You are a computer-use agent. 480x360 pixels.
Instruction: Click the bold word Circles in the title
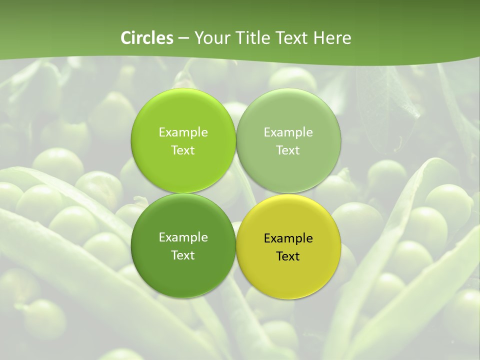point(147,38)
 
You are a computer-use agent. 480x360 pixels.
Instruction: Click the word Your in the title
point(212,38)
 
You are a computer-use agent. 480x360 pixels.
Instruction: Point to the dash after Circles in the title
point(183,38)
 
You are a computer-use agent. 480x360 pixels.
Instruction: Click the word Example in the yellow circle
point(288,238)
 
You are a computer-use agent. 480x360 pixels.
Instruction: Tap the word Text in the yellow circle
point(288,256)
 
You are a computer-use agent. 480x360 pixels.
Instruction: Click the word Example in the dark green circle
point(183,237)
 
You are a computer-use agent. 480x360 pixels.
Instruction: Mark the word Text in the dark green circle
point(183,255)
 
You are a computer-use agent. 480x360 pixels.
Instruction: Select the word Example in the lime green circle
point(183,132)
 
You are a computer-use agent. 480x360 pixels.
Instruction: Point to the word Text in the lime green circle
point(183,150)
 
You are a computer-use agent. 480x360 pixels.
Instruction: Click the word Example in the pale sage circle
point(288,132)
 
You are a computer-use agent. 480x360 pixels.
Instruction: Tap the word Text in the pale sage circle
point(288,150)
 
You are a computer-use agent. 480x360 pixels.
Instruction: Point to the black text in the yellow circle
point(288,247)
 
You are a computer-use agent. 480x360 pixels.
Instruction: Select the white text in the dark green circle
point(183,246)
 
